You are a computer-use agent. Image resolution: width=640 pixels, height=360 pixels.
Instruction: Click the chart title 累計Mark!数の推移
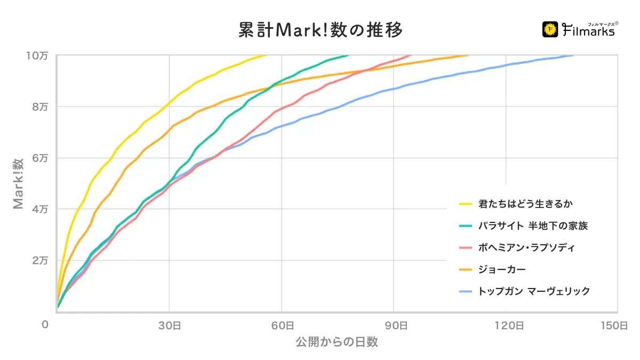tap(320, 30)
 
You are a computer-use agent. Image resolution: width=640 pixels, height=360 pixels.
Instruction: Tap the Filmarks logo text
tap(589, 31)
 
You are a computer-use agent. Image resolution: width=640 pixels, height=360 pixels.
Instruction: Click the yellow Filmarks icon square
tap(550, 30)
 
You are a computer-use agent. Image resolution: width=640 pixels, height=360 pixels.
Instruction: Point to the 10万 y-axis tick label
tap(39, 55)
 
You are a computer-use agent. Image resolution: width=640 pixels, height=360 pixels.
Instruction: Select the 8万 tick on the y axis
tap(39, 107)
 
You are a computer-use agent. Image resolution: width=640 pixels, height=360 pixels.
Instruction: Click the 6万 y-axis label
tap(39, 158)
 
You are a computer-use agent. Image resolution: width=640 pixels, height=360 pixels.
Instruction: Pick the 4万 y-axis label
tap(39, 209)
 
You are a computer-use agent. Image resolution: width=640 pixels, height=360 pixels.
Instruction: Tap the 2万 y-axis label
tap(39, 260)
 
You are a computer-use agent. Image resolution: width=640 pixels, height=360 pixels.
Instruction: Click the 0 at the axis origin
tap(46, 325)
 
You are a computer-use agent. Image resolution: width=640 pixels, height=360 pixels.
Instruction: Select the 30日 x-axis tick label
tap(169, 325)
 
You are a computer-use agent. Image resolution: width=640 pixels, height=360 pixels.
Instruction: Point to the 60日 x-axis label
tap(281, 325)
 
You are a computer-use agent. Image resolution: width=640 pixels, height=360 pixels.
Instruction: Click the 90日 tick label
tap(394, 325)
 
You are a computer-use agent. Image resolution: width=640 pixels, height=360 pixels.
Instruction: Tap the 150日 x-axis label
tap(617, 325)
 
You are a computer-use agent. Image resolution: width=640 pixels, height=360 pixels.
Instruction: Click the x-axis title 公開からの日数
tap(337, 342)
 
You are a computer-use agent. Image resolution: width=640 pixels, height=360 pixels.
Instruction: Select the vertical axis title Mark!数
tap(19, 183)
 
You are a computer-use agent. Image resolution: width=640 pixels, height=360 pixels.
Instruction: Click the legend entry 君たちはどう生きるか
tap(526, 204)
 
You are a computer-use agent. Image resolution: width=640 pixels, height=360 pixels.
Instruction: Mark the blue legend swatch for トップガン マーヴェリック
tap(466, 291)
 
